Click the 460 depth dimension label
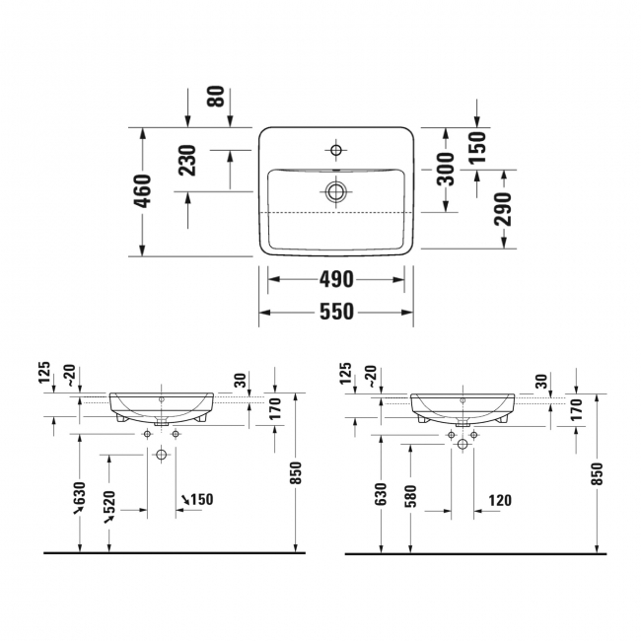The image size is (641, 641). (x=143, y=190)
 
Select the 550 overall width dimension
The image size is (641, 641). (x=335, y=312)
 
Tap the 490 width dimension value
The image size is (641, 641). (x=335, y=279)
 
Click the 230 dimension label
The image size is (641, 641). (x=188, y=160)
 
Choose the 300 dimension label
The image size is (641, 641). (x=446, y=169)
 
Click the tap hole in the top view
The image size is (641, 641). (x=336, y=151)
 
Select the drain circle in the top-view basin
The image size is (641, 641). (x=336, y=191)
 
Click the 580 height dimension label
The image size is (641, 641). (x=410, y=496)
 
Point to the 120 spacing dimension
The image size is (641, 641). (x=499, y=500)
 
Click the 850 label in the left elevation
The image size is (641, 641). (x=297, y=475)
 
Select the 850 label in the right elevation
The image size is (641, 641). (x=597, y=475)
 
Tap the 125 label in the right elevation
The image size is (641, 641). (x=346, y=376)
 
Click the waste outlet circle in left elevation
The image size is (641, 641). (x=162, y=454)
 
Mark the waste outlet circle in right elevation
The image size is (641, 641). (x=462, y=444)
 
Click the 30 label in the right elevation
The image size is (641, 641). (x=540, y=381)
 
